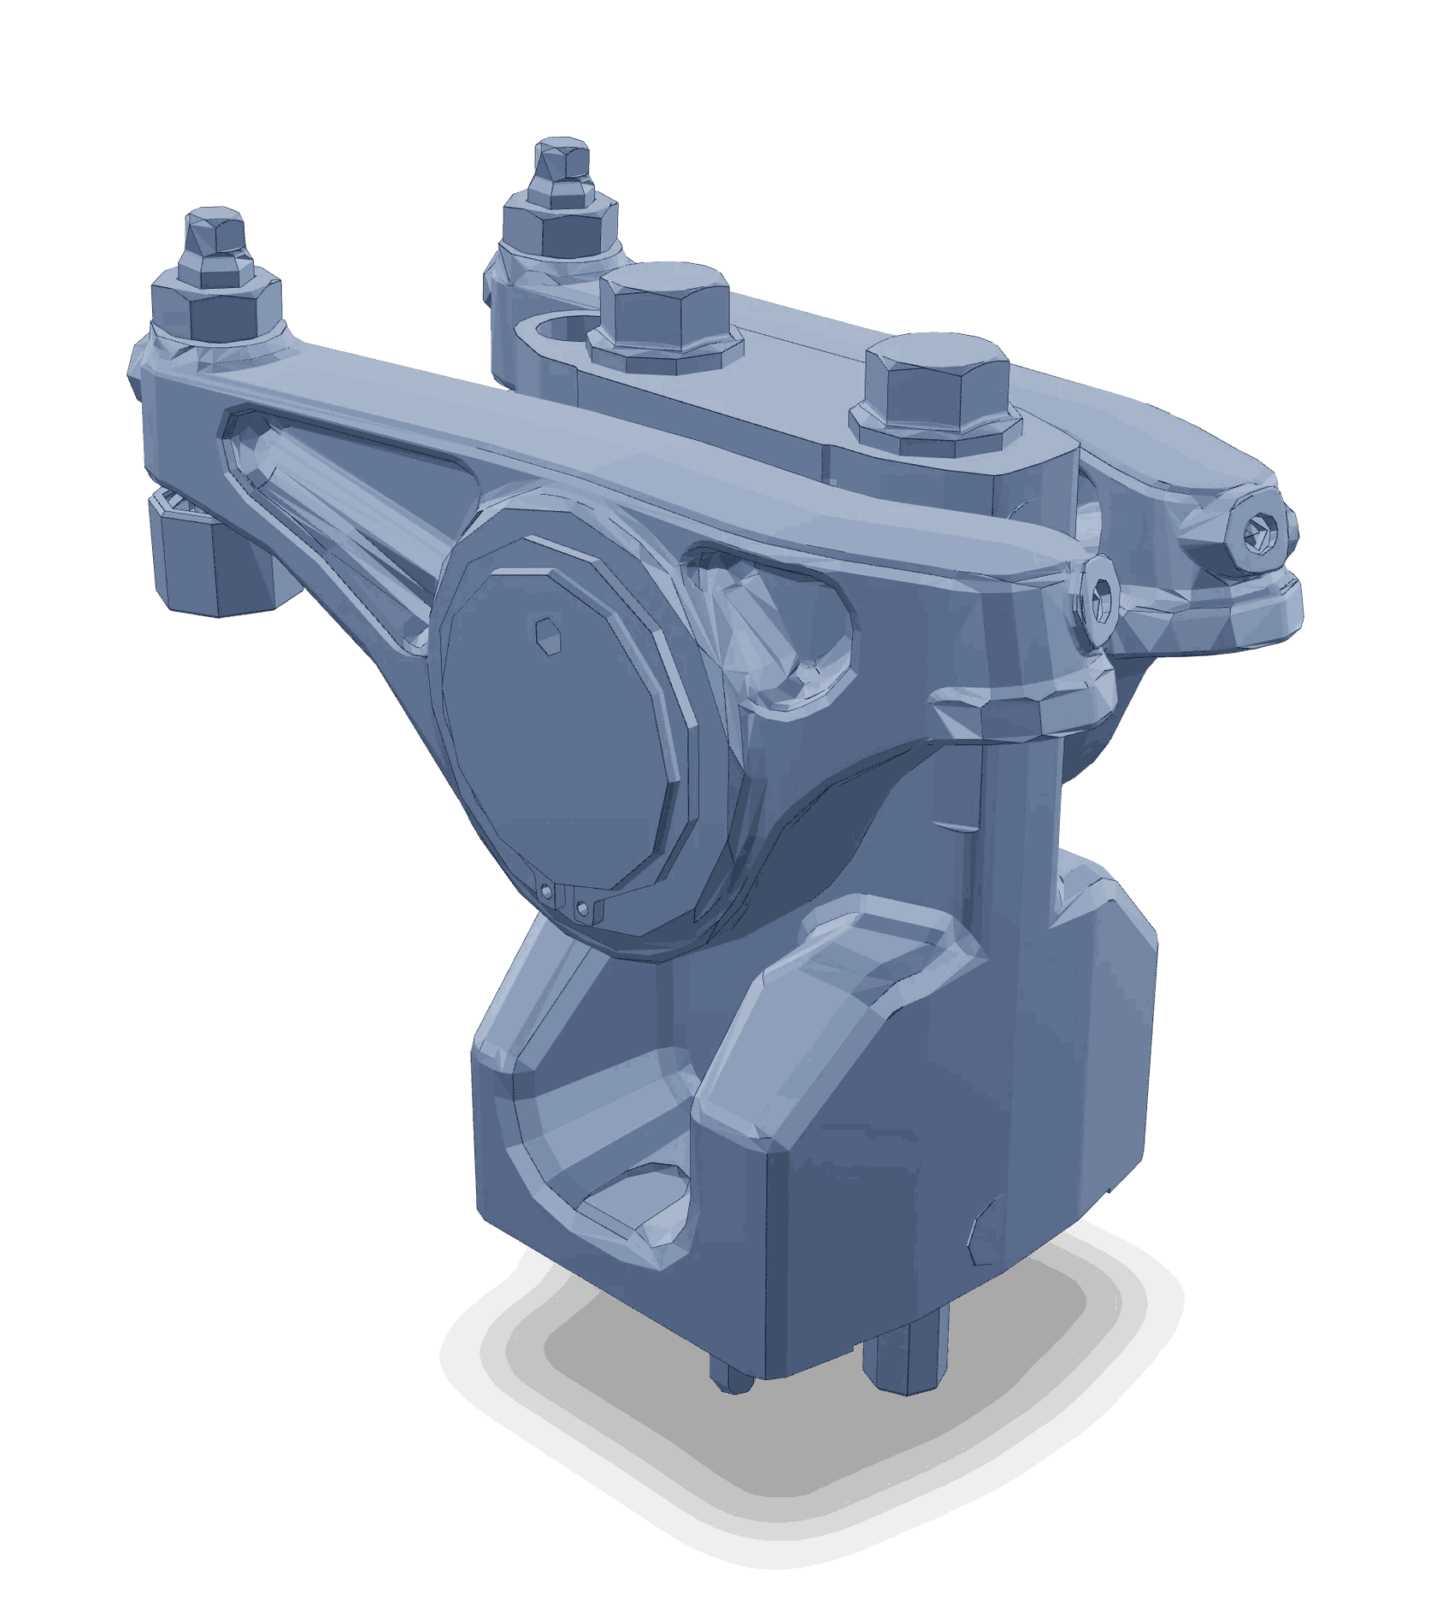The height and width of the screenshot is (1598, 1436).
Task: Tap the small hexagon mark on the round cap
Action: pos(548,635)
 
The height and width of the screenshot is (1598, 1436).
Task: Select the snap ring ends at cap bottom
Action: pos(565,903)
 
